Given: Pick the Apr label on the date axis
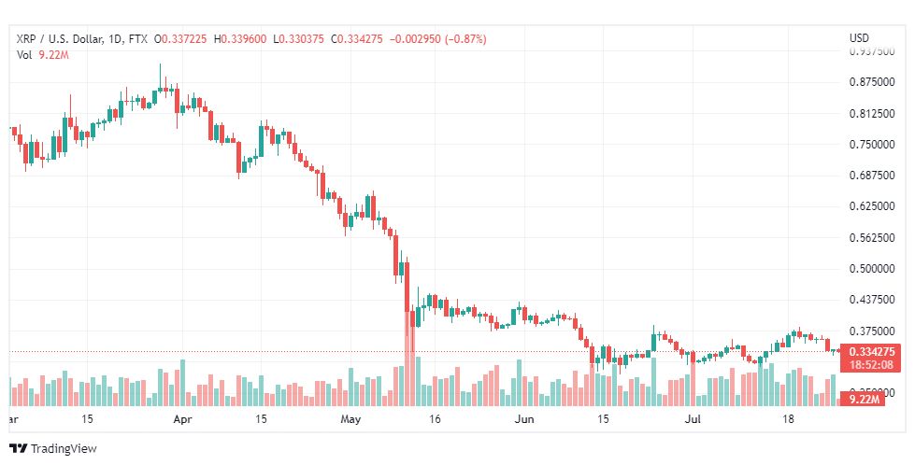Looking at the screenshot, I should point(183,420).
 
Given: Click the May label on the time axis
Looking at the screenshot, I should point(350,420).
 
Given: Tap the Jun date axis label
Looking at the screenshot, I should point(524,420).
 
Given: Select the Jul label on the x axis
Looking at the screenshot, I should point(692,420).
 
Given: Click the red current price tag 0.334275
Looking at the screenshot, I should point(873,351).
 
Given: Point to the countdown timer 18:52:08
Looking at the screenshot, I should point(873,364).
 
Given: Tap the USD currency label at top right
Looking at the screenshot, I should point(858,38).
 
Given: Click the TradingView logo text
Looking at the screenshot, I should point(63,448).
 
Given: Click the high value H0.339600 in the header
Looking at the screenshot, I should point(239,38).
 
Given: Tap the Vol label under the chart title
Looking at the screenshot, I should point(24,55).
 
